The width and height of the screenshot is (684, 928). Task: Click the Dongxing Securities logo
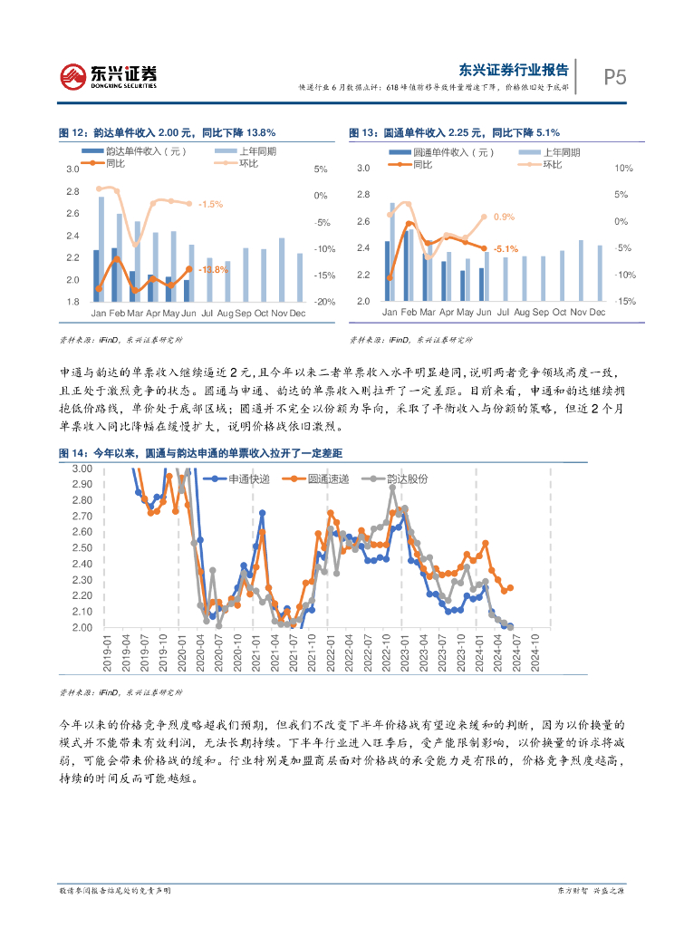click(x=108, y=76)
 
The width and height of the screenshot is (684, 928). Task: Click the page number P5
click(x=615, y=77)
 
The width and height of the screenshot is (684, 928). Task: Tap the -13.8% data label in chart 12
click(x=215, y=270)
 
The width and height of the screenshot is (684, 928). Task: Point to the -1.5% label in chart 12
click(x=210, y=204)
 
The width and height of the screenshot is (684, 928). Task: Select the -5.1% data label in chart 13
click(x=506, y=248)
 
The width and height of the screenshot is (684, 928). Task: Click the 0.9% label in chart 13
click(x=505, y=217)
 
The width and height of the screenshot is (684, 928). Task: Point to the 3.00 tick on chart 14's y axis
click(x=82, y=469)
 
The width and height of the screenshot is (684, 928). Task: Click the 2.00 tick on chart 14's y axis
click(x=82, y=627)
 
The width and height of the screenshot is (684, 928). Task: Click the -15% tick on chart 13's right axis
click(x=625, y=302)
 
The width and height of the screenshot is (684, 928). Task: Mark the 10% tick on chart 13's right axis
click(x=623, y=169)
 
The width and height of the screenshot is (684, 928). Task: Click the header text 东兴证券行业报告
click(x=514, y=69)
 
